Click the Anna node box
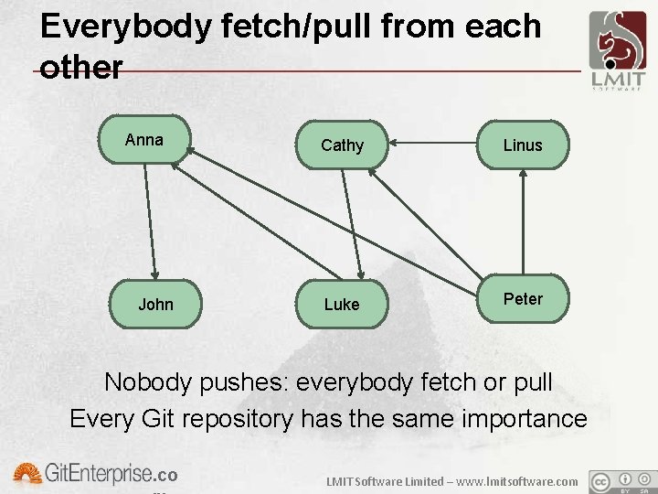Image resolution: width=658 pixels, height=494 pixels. [x=144, y=140]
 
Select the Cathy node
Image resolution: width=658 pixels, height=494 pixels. [x=343, y=145]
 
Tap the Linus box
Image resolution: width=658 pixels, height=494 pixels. [x=523, y=145]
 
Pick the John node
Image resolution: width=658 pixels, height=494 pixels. [x=155, y=304]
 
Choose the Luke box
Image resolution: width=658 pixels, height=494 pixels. [x=342, y=304]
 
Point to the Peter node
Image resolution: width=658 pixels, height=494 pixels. [x=523, y=299]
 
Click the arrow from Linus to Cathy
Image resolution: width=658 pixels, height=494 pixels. [x=434, y=142]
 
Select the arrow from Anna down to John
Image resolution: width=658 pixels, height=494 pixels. [x=151, y=220]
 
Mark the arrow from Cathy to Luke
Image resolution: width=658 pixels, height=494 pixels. [x=353, y=224]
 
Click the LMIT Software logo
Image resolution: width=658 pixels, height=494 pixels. [x=617, y=50]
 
